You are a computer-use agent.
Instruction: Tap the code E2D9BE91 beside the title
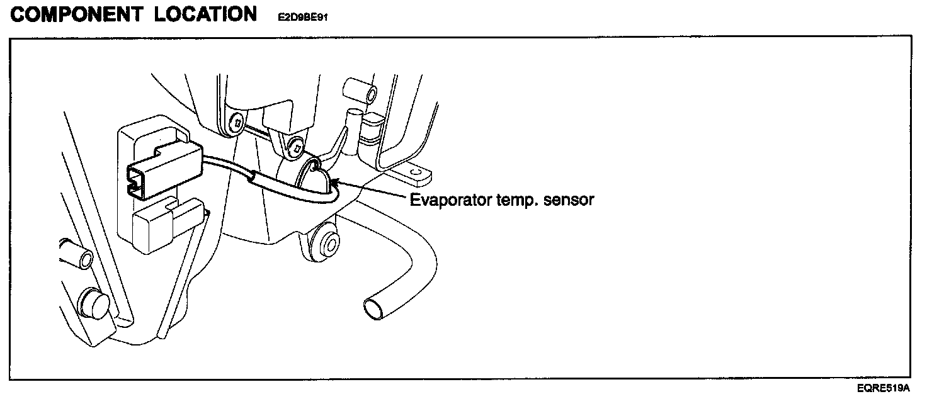[x=302, y=18]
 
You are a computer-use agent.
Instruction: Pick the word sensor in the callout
[x=571, y=201]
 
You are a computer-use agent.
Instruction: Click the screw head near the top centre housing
[x=236, y=124]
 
